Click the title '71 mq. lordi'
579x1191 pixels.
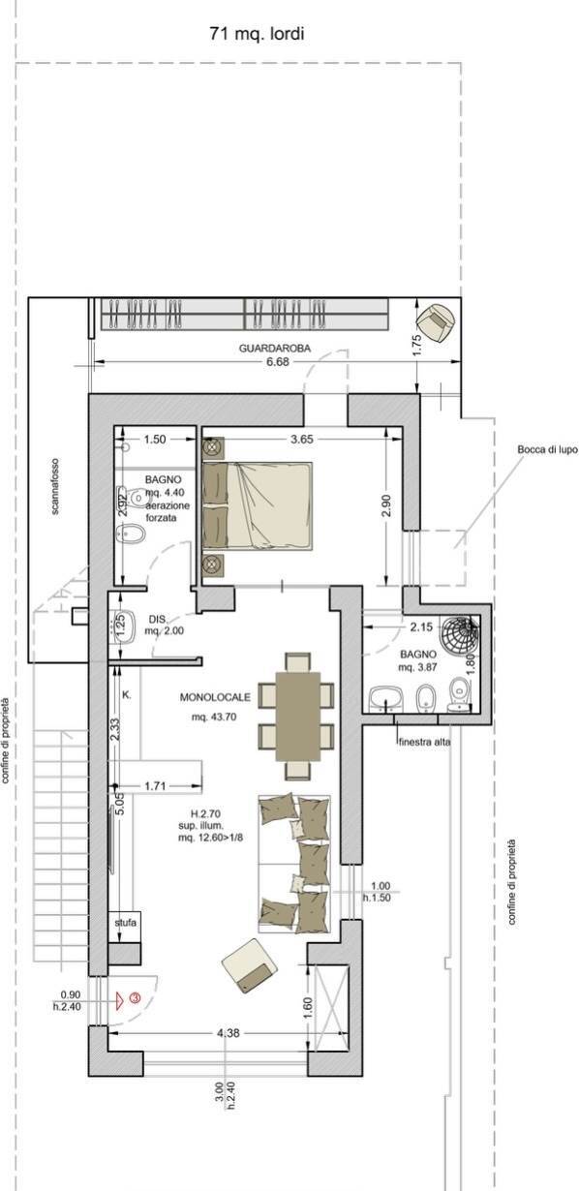click(257, 34)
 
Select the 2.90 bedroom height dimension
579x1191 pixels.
click(387, 504)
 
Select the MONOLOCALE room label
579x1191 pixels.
click(212, 697)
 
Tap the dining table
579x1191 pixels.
click(295, 716)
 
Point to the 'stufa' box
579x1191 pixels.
click(125, 923)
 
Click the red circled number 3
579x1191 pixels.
click(136, 996)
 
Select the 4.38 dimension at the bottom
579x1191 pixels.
click(229, 1033)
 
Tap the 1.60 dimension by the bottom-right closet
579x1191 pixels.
click(307, 1004)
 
